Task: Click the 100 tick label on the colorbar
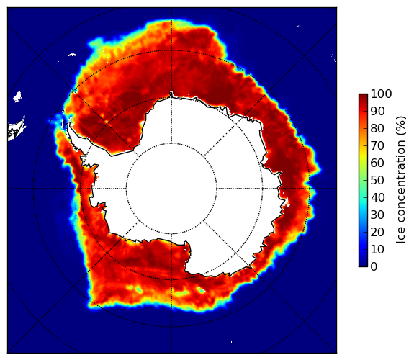(381, 94)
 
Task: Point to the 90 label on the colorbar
(377, 111)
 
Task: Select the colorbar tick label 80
(377, 128)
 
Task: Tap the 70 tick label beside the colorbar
(377, 145)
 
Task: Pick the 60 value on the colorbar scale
(377, 163)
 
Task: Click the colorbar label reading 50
(377, 180)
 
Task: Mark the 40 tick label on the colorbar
(377, 197)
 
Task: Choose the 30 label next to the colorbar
(377, 215)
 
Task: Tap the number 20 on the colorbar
(377, 232)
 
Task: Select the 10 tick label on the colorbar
(377, 249)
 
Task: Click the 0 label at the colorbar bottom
(374, 266)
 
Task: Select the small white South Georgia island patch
(72, 55)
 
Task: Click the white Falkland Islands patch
(17, 96)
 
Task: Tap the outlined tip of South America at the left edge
(16, 130)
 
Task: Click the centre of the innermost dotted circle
(171, 189)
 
